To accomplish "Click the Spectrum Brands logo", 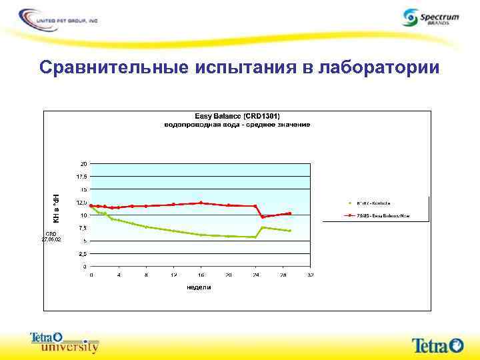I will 431,17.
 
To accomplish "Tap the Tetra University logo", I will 65,342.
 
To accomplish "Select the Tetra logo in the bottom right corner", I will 437,344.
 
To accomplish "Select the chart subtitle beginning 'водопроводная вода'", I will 238,125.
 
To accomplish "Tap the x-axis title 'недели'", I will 199,287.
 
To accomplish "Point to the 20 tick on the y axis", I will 83,163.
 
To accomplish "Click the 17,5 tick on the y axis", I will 81,177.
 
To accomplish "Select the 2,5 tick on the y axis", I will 82,254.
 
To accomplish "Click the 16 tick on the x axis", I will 201,275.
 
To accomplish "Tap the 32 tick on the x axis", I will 310,275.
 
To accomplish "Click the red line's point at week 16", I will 201,203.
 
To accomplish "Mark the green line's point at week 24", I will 255,237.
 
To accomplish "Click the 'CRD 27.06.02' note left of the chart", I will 52,236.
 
